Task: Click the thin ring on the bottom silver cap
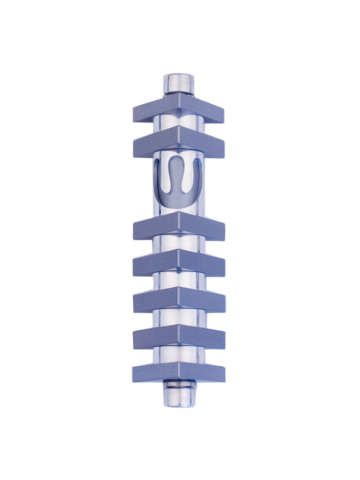[x=178, y=385]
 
